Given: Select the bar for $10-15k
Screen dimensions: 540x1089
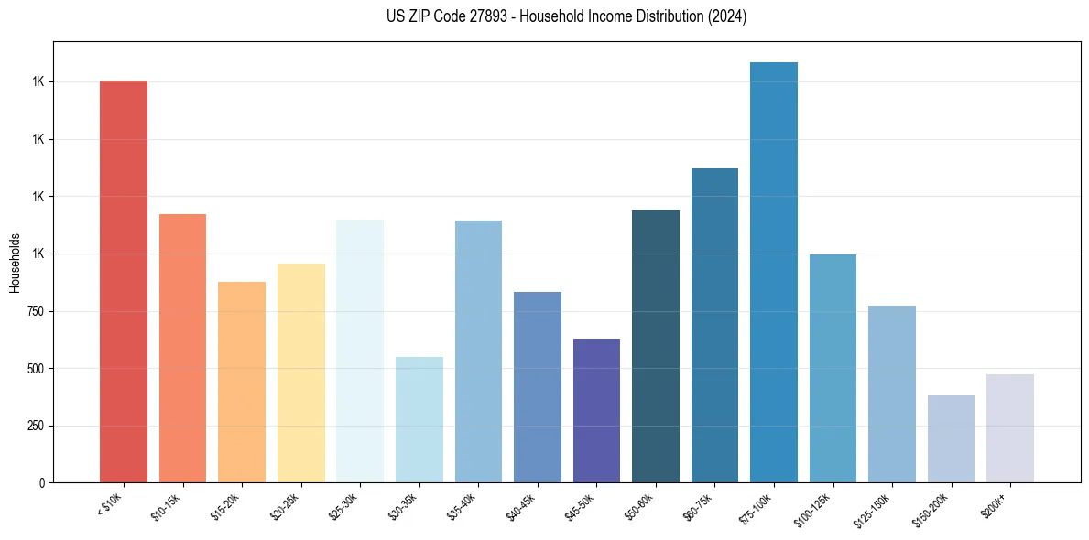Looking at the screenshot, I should pos(182,348).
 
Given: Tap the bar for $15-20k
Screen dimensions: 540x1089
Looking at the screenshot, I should pos(242,382).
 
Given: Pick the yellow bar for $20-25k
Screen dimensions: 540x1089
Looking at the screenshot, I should pos(301,373).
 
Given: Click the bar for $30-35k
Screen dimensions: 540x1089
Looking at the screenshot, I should pos(419,419).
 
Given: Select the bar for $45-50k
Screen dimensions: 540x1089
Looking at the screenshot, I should pos(596,410).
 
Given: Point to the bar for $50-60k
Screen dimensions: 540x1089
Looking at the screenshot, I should pos(656,346).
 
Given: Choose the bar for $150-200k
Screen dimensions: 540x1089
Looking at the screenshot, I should pos(951,438).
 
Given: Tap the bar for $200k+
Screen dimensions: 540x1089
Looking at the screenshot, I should pos(1010,428).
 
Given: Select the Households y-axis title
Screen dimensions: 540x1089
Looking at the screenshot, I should pos(15,263).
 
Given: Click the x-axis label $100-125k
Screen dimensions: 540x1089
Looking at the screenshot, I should pos(815,507).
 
